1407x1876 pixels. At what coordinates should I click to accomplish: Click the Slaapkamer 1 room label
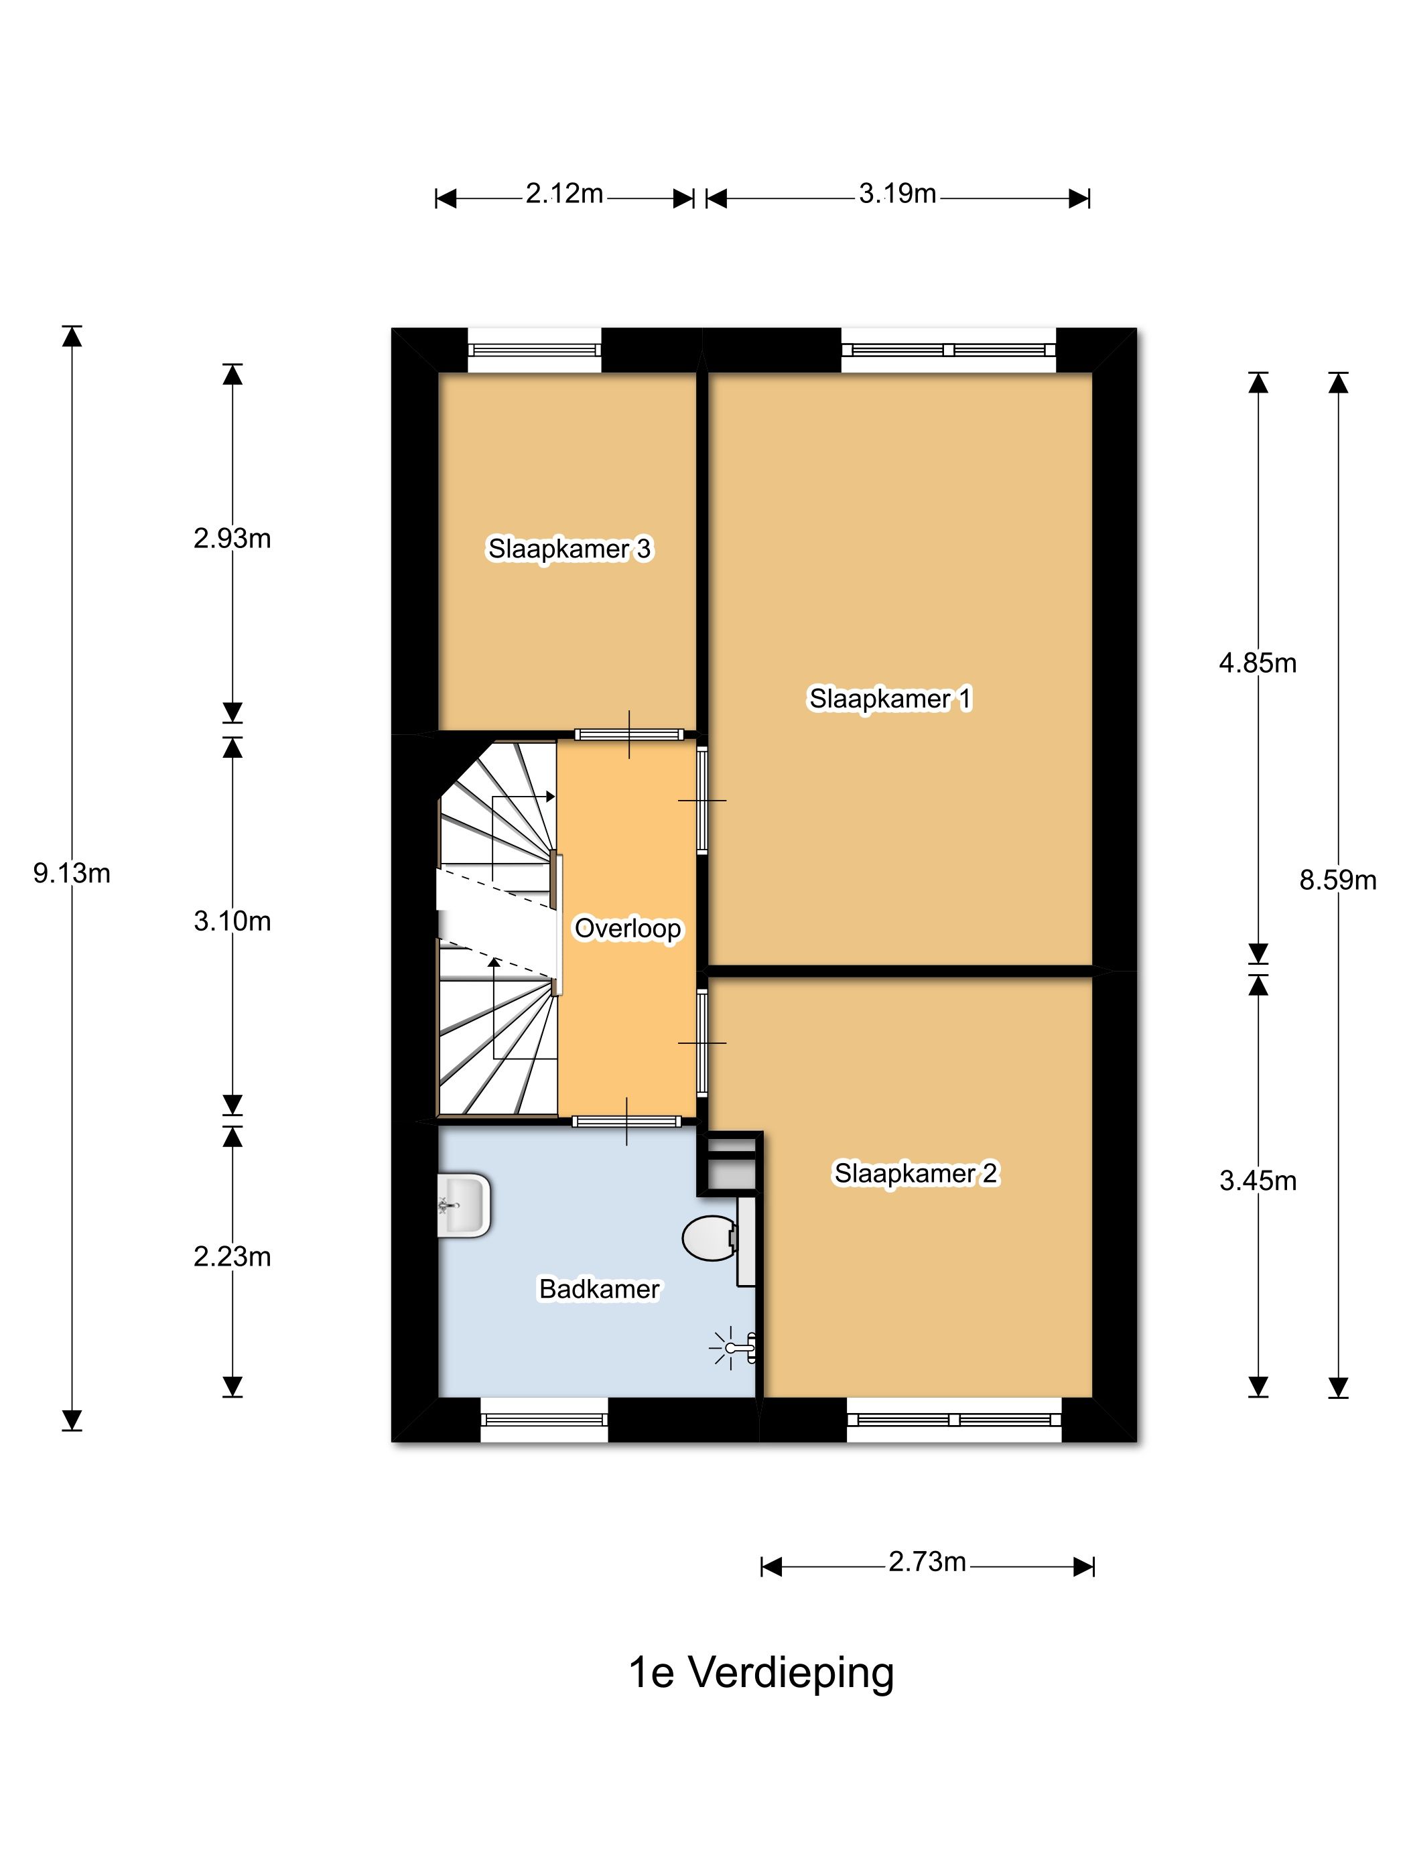click(890, 699)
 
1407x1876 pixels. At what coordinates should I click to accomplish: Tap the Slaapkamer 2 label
click(916, 1174)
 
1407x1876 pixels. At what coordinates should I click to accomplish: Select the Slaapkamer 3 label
click(569, 549)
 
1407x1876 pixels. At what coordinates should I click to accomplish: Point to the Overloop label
click(628, 929)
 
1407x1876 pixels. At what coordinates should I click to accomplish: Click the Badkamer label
click(600, 1289)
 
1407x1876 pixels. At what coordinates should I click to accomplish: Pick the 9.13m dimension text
click(72, 873)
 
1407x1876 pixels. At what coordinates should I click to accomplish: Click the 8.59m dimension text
click(1338, 880)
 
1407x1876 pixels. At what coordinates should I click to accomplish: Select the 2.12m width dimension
click(564, 194)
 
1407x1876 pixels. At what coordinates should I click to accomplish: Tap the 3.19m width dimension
click(897, 194)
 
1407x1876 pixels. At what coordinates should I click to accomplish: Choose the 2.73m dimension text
click(927, 1561)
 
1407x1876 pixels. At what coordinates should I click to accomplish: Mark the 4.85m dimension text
click(1258, 663)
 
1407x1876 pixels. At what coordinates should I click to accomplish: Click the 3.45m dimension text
click(1258, 1181)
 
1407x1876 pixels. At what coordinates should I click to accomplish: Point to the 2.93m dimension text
click(232, 539)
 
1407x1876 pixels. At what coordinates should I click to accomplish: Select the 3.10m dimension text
click(232, 921)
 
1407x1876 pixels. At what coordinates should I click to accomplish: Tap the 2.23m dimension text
click(232, 1256)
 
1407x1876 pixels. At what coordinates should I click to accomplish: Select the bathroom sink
click(464, 1205)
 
